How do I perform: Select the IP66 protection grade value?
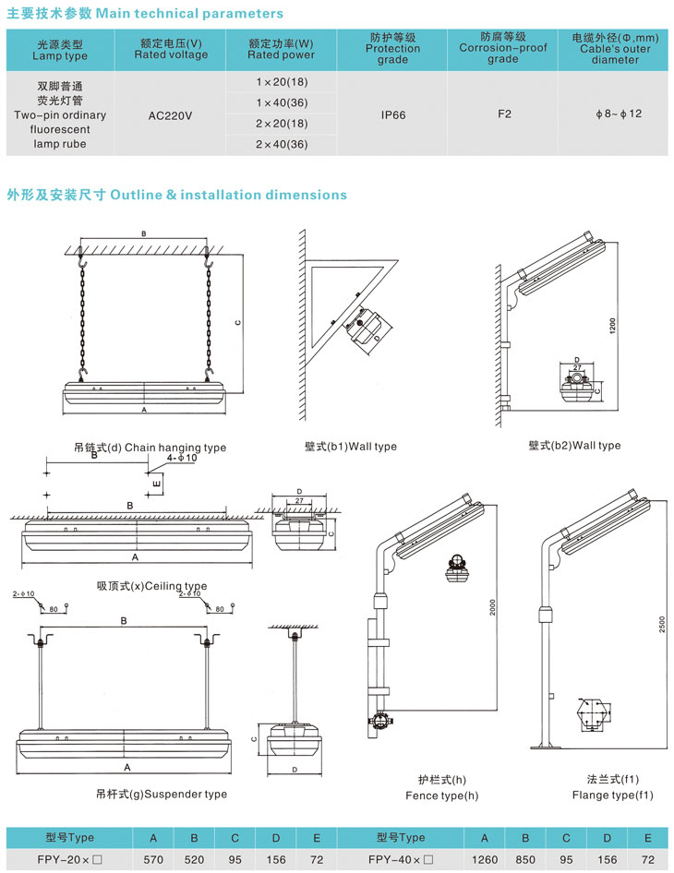[393, 116]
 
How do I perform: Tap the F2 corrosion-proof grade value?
[504, 114]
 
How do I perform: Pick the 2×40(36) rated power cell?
[282, 145]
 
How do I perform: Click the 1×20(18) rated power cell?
[282, 82]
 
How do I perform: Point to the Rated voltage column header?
[171, 49]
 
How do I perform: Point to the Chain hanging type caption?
[150, 448]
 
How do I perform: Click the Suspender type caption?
[161, 794]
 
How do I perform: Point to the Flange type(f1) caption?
[612, 795]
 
